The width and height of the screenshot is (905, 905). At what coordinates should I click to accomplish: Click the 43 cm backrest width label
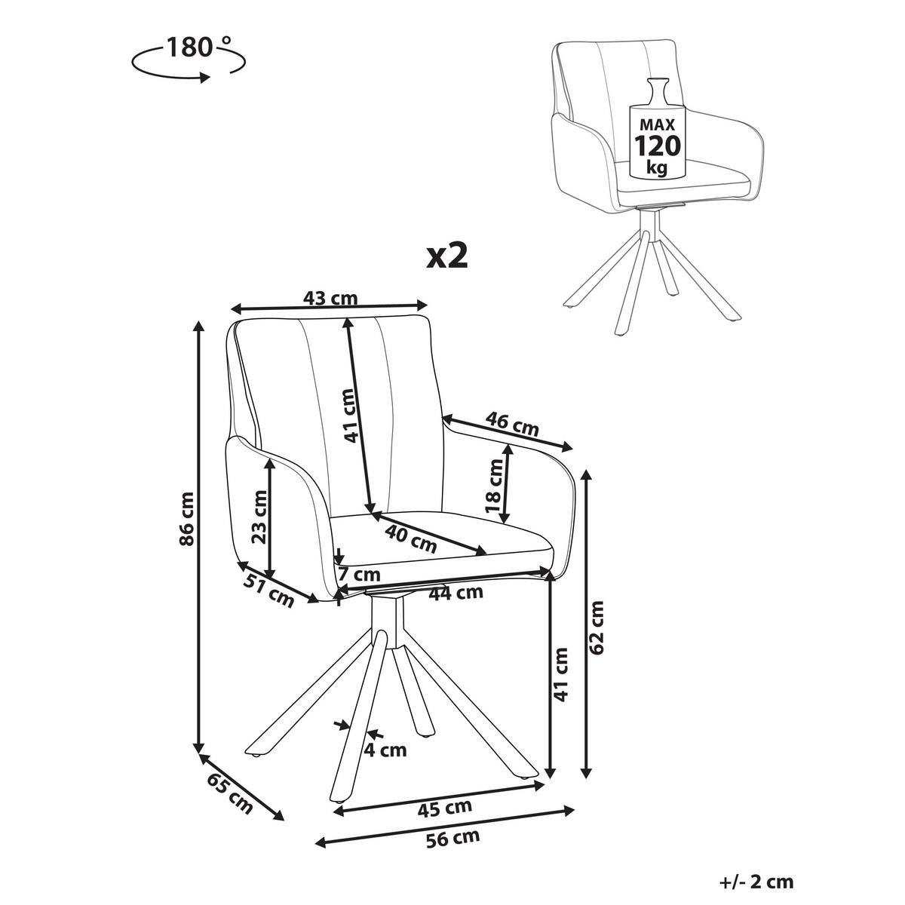pyautogui.click(x=330, y=298)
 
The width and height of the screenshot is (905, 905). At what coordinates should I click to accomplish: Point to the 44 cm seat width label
pyautogui.click(x=456, y=592)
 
